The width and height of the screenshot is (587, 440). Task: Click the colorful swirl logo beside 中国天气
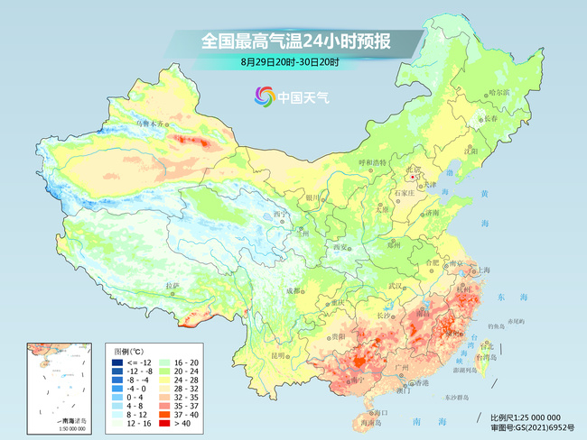(266, 96)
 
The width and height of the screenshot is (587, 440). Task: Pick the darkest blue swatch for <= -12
(118, 362)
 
